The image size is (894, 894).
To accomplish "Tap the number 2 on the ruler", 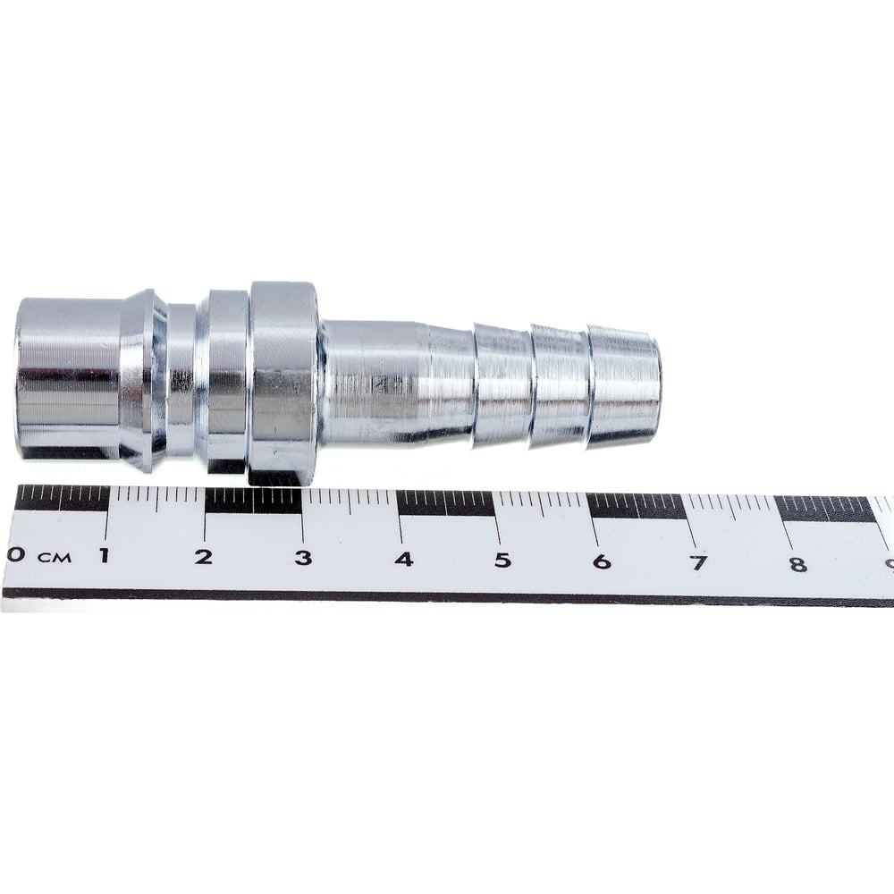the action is tap(204, 556).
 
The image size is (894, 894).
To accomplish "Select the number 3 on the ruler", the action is tap(303, 558).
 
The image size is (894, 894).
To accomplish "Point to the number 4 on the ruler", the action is tap(404, 560).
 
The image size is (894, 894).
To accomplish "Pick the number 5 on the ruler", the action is tap(502, 561).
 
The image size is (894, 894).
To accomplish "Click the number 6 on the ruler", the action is tap(602, 562).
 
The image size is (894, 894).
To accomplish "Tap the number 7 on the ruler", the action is tap(699, 563).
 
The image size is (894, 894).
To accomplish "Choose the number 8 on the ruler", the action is tap(798, 564).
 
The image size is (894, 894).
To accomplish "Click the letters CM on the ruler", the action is tap(55, 557).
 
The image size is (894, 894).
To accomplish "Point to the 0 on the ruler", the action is tap(15, 554).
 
